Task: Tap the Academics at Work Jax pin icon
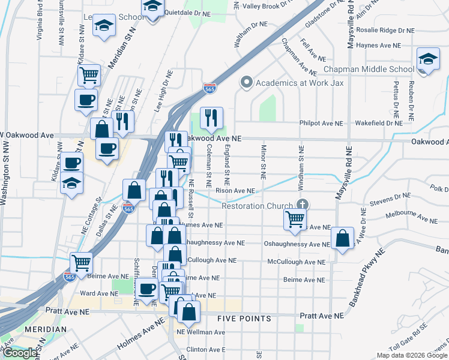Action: pyautogui.click(x=246, y=82)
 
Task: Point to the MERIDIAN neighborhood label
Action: pyautogui.click(x=46, y=329)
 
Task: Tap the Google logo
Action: pyautogui.click(x=19, y=352)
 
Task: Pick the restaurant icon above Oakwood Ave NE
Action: pyautogui.click(x=211, y=118)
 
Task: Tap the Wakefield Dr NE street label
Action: pyautogui.click(x=378, y=124)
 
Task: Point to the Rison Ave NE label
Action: pyautogui.click(x=236, y=191)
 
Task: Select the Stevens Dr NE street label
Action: pyautogui.click(x=390, y=196)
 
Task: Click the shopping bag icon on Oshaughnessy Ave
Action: pyautogui.click(x=342, y=239)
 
